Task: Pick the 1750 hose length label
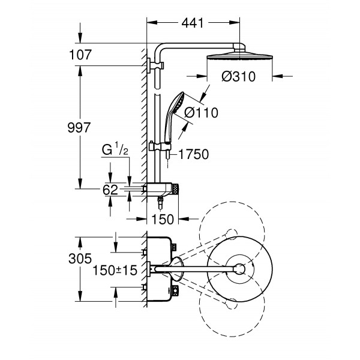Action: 193,154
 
